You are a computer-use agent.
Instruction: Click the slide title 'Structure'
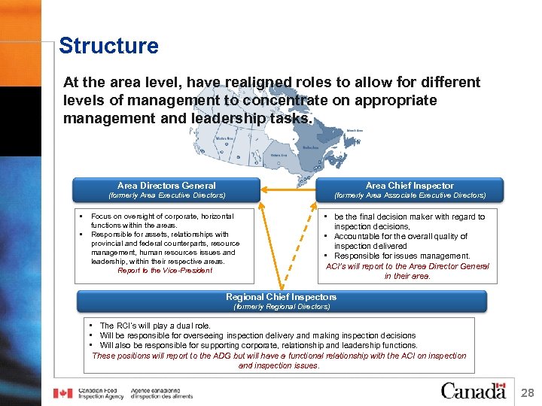coord(108,46)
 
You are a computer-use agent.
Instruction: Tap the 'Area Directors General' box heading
coord(166,186)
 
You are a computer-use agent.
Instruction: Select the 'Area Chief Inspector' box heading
coord(410,186)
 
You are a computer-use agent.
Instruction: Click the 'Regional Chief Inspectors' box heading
coord(282,297)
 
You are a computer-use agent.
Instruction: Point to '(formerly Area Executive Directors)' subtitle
coord(166,195)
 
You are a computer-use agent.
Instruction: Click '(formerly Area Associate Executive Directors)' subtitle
coord(410,195)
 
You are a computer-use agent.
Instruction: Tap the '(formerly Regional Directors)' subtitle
coord(282,307)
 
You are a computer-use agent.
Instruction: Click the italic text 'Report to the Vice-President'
coord(165,271)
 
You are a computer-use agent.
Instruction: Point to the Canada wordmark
coord(473,392)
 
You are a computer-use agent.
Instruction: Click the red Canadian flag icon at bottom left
coord(63,393)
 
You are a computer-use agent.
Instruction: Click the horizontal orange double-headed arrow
coord(287,186)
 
